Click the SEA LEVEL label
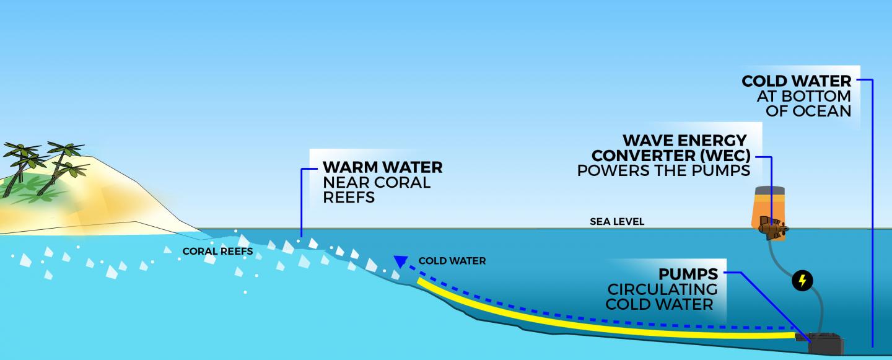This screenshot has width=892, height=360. point(617,221)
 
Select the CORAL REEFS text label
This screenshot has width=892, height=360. point(217,252)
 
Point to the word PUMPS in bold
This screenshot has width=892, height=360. point(688,274)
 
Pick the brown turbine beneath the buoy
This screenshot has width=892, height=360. point(773,228)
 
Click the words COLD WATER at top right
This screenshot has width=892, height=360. point(796,82)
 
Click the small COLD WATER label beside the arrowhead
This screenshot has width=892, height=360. point(452,261)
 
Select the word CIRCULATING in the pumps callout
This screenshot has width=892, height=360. point(662,289)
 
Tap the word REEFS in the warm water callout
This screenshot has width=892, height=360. point(349,198)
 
